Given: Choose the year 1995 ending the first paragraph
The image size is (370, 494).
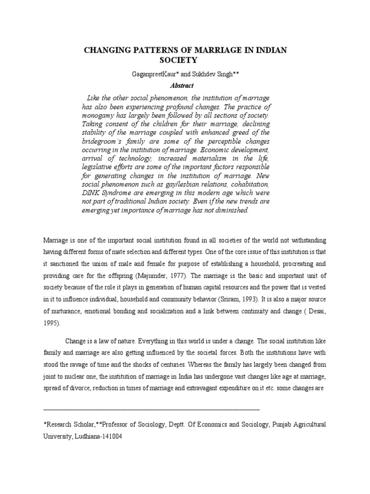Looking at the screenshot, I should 51,323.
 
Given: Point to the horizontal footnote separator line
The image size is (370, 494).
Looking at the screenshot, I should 151,409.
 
